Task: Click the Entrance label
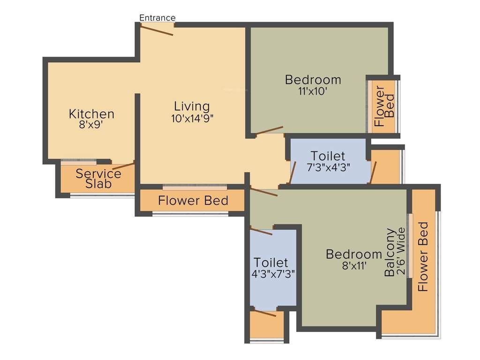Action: pyautogui.click(x=157, y=18)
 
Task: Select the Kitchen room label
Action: pyautogui.click(x=91, y=114)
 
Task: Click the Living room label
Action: pyautogui.click(x=192, y=106)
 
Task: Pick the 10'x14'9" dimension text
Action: pyautogui.click(x=192, y=118)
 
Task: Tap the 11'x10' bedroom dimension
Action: pyautogui.click(x=313, y=92)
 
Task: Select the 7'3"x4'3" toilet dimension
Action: pyautogui.click(x=328, y=167)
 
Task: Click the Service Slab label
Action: pyautogui.click(x=98, y=179)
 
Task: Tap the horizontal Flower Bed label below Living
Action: pyautogui.click(x=193, y=201)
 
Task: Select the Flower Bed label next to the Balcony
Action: pyautogui.click(x=423, y=256)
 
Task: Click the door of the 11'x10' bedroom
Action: pyautogui.click(x=270, y=130)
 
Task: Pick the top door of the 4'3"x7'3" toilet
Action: pyautogui.click(x=261, y=231)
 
